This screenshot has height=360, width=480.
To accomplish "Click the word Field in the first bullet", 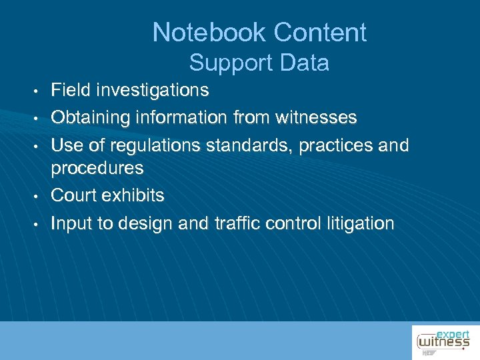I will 67,89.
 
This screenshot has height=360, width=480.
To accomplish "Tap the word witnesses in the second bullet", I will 315,118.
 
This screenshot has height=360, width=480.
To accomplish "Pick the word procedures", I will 97,168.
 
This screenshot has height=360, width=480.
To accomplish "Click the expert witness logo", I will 443,341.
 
